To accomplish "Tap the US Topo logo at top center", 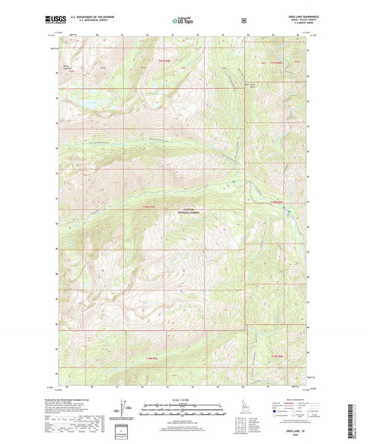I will click(183, 21).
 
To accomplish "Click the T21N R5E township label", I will click(163, 63).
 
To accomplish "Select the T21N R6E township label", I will click(275, 63).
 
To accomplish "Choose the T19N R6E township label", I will click(276, 356).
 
